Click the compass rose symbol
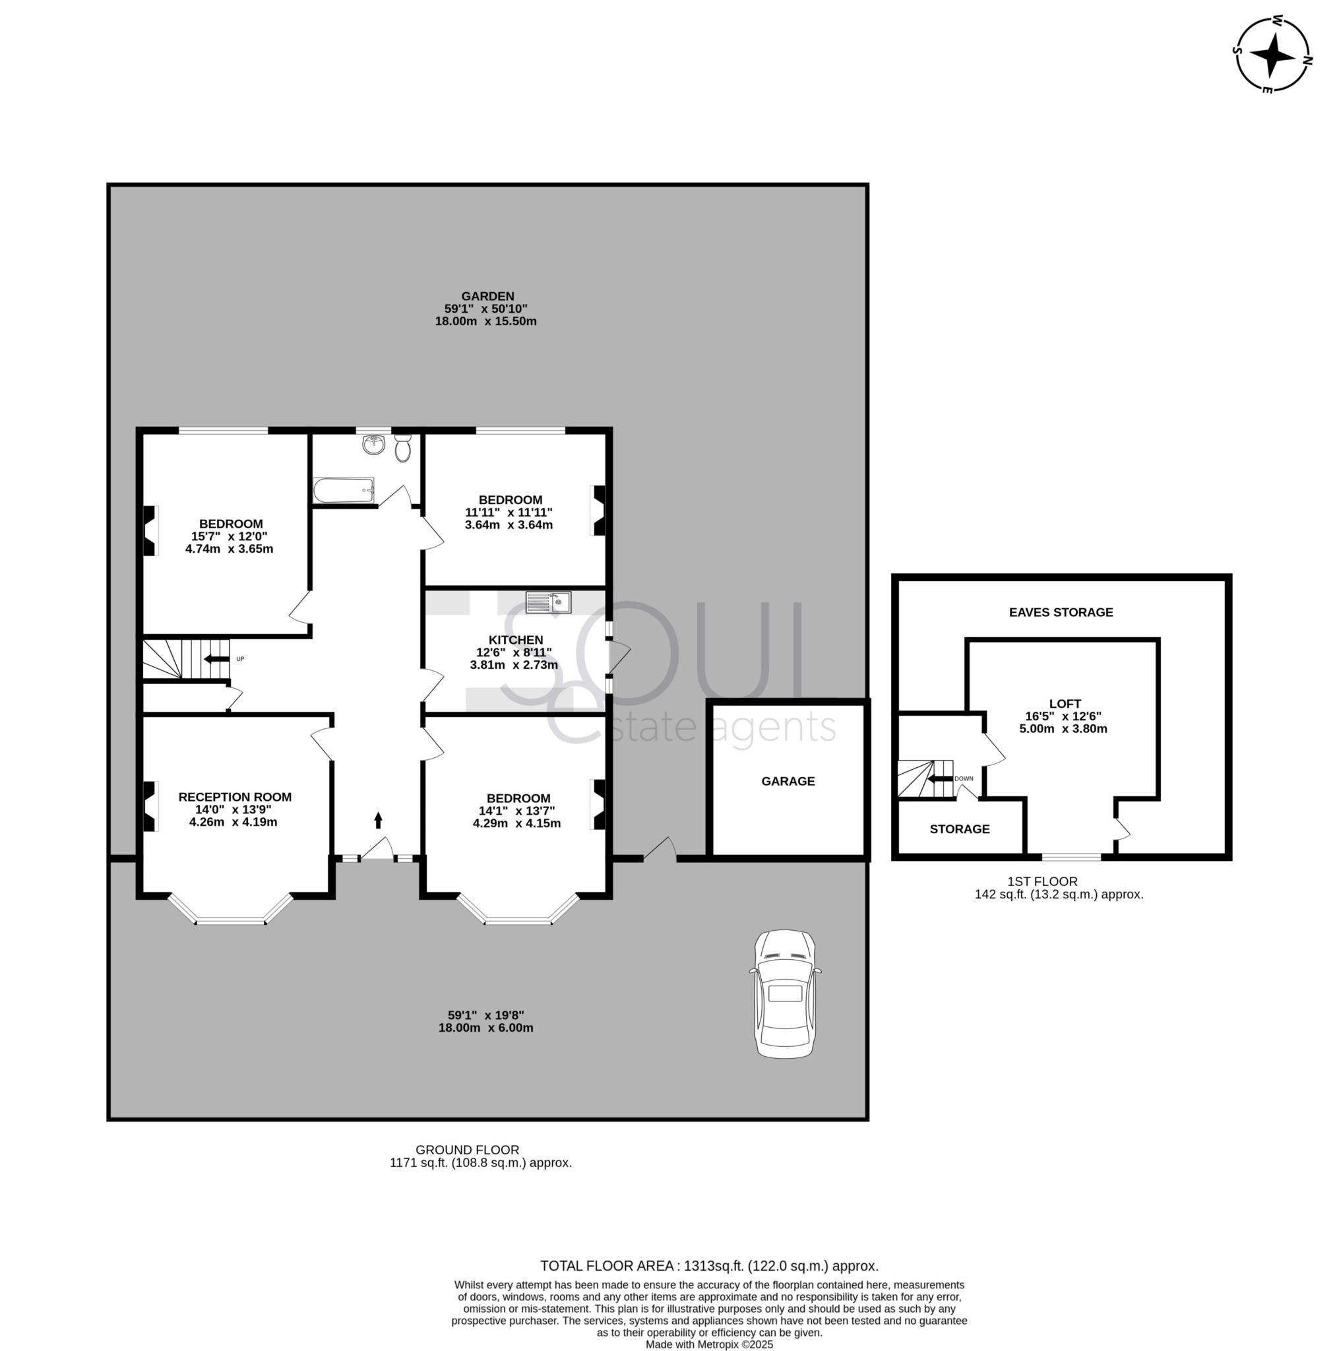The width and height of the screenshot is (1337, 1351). click(x=1272, y=55)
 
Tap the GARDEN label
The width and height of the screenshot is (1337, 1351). click(x=487, y=296)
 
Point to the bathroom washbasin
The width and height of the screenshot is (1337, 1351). click(x=374, y=444)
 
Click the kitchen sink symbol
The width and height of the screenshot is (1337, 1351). click(x=548, y=602)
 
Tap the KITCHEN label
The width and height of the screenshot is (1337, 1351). click(x=515, y=640)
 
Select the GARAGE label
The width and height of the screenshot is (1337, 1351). click(x=788, y=781)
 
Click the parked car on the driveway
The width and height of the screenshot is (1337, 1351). click(x=784, y=993)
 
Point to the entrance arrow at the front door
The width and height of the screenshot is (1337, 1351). click(x=379, y=819)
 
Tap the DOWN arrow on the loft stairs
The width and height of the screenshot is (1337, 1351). click(x=941, y=778)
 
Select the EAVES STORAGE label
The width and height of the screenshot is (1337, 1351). click(x=1061, y=612)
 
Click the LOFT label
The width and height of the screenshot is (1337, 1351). click(x=1065, y=703)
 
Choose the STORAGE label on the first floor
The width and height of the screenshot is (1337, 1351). click(x=960, y=829)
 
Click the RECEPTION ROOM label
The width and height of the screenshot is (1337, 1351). click(x=235, y=796)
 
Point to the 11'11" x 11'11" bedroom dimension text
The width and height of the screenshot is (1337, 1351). click(x=509, y=513)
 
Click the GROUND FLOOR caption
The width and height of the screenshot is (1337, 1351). click(x=467, y=1150)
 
